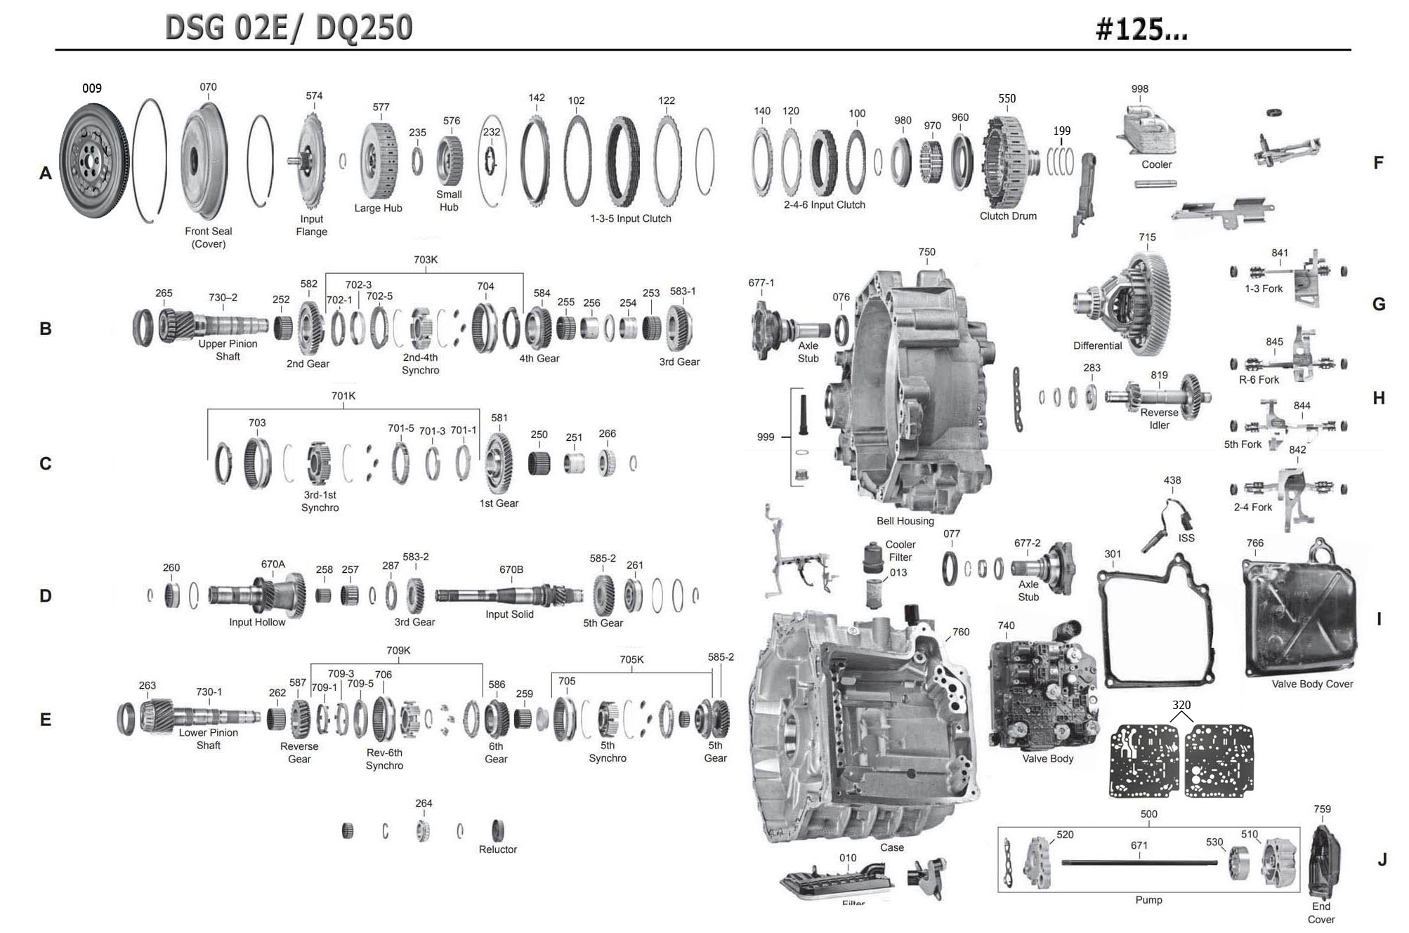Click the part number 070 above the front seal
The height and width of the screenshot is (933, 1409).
pyautogui.click(x=208, y=87)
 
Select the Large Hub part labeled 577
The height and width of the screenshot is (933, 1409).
pyautogui.click(x=379, y=160)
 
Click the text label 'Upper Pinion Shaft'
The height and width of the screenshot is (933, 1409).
pyautogui.click(x=228, y=350)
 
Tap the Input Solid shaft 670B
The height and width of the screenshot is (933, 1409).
pyautogui.click(x=510, y=595)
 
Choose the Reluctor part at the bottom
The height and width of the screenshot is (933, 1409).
pyautogui.click(x=498, y=830)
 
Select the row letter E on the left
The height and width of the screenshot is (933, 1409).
pyautogui.click(x=46, y=720)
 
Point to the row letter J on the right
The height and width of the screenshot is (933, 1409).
pyautogui.click(x=1382, y=859)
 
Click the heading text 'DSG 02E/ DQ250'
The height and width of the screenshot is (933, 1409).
pyautogui.click(x=289, y=28)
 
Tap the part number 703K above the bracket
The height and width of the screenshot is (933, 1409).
pyautogui.click(x=425, y=260)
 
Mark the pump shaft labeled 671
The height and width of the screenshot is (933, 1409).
pyautogui.click(x=1139, y=863)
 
